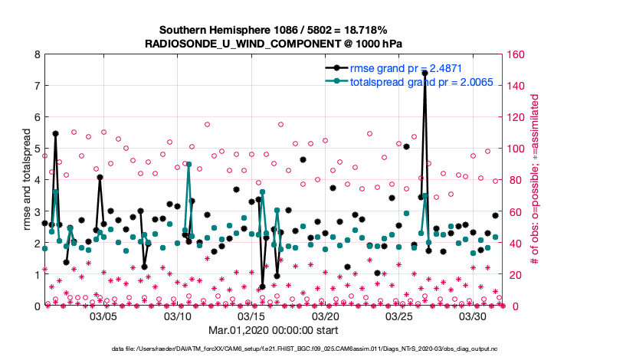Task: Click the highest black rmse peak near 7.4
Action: [425, 73]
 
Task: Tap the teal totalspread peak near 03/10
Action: [189, 163]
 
